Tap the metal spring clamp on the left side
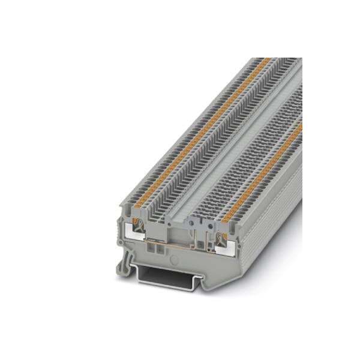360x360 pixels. (140, 229)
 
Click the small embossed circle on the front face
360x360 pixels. (175, 260)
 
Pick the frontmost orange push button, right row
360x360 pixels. (226, 219)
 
